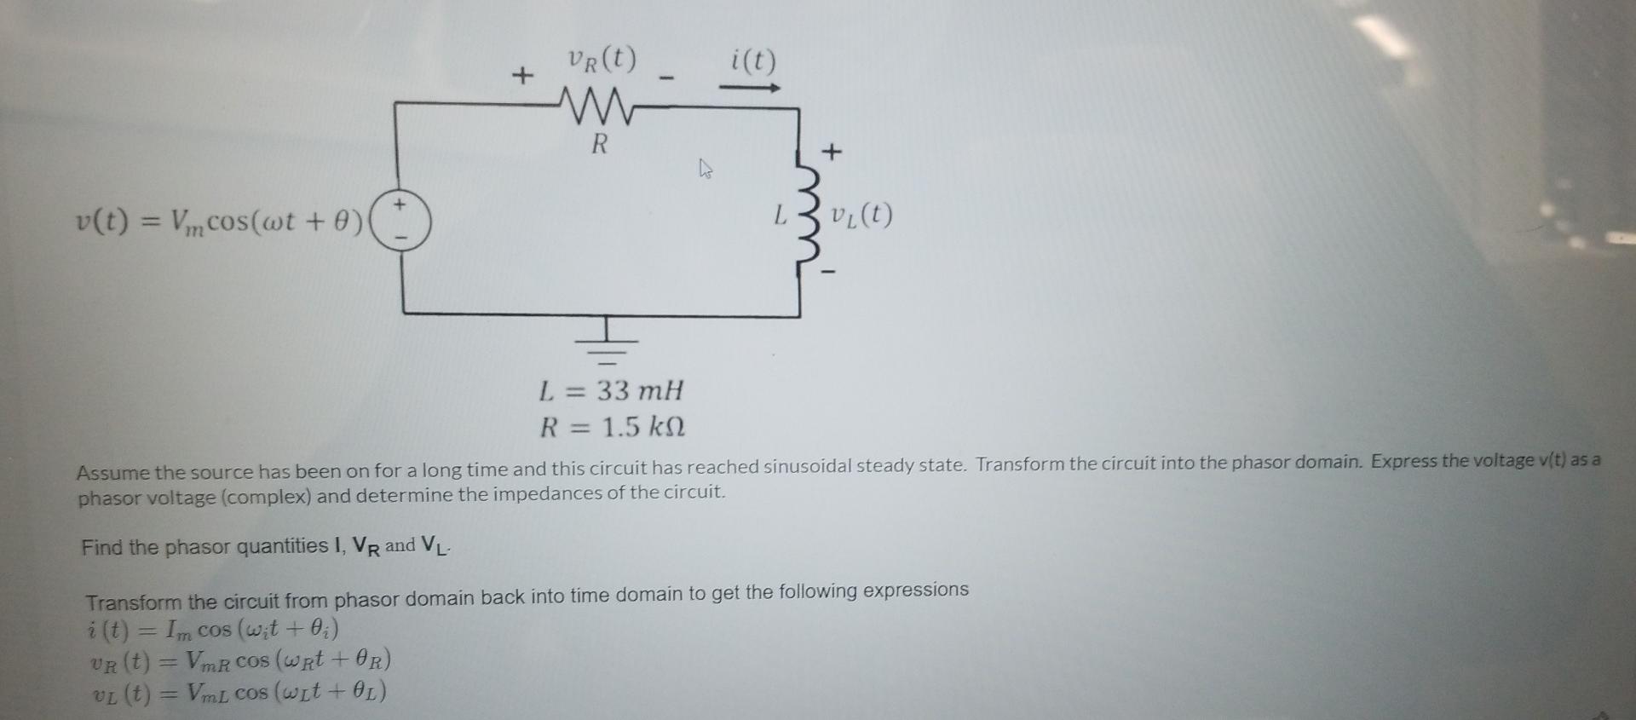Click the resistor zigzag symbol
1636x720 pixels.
600,106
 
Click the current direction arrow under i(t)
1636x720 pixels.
750,88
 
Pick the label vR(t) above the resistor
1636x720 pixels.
601,59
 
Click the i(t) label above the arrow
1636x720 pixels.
753,61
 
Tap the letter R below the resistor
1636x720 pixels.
600,144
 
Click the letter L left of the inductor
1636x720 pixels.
780,216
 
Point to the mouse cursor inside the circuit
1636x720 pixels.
705,168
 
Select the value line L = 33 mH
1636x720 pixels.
611,391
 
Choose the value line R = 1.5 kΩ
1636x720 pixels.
612,426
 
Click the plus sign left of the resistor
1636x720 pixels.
521,76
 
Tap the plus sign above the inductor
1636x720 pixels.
832,153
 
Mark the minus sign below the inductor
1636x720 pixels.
828,273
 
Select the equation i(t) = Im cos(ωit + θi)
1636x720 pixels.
213,631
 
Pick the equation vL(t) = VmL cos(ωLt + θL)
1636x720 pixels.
239,693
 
